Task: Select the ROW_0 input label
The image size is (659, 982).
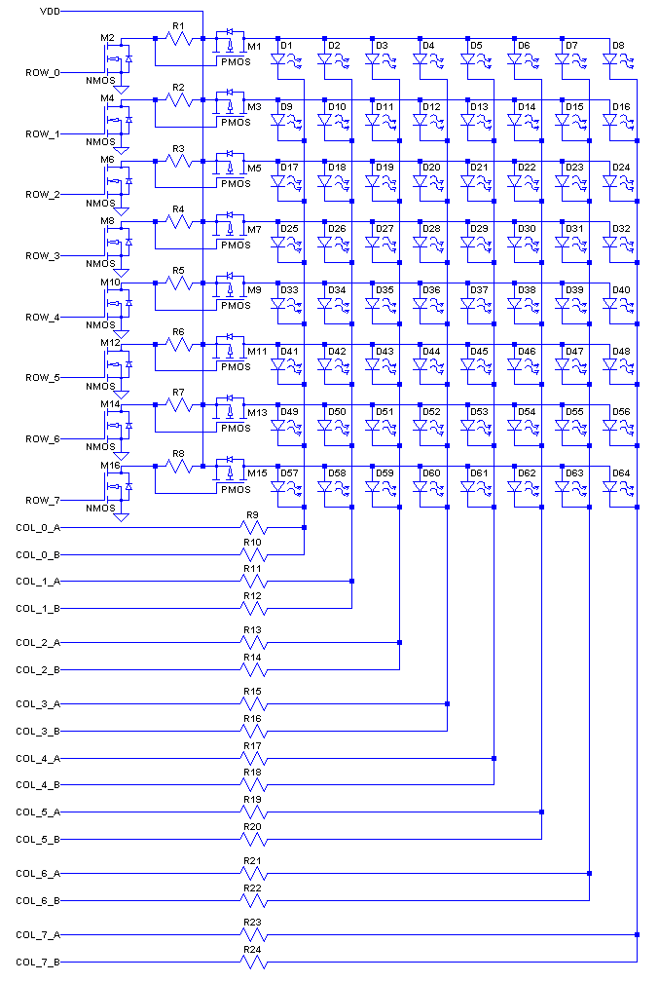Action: [x=42, y=73]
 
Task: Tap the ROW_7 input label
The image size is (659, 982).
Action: [x=42, y=500]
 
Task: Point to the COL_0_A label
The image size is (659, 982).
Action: [x=38, y=527]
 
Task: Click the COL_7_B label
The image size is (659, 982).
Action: [x=38, y=963]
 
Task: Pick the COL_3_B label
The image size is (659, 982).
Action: [x=38, y=731]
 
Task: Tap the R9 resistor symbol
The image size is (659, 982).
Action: [x=253, y=527]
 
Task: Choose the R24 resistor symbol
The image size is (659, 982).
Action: [x=253, y=963]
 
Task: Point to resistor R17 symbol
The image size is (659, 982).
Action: [x=253, y=758]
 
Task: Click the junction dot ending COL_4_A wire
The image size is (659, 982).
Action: [x=494, y=758]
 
